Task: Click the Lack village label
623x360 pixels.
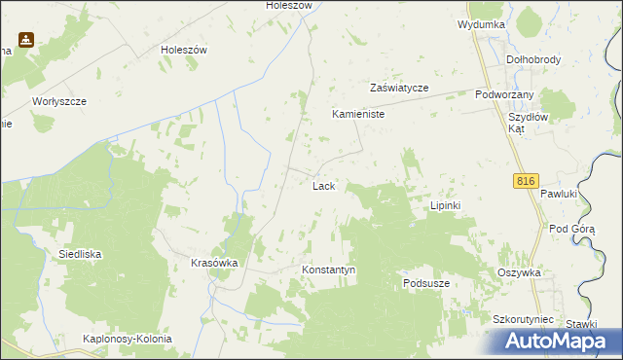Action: [x=324, y=185]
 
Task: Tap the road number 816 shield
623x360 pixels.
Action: [x=526, y=181]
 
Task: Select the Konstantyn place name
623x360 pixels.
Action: [x=329, y=270]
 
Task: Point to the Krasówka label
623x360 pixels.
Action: [x=215, y=264]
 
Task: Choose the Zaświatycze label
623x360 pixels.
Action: [x=399, y=88]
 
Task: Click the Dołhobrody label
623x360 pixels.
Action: [x=534, y=59]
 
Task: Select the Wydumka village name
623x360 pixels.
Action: [x=481, y=23]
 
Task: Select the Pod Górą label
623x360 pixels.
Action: [x=571, y=229]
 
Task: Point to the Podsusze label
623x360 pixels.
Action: [x=426, y=283]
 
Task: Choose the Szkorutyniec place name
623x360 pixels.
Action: [x=523, y=319]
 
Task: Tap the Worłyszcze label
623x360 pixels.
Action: [x=59, y=101]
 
